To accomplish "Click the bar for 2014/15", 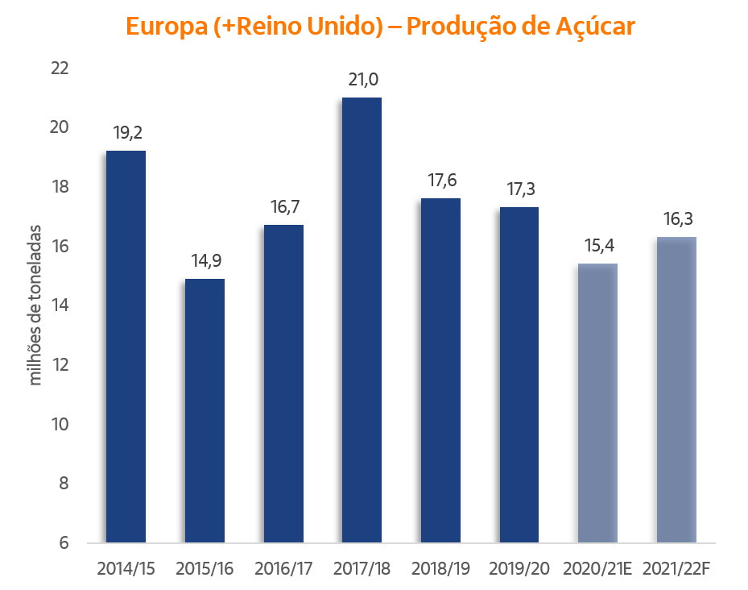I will tap(126, 347).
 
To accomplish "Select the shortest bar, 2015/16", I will tap(205, 410).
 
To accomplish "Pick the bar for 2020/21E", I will tap(598, 403).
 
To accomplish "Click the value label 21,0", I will tap(362, 80).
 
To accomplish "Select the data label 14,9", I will tap(205, 261).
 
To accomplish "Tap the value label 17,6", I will tap(441, 181).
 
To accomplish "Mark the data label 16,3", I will tap(676, 219).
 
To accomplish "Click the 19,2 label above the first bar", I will tap(127, 133).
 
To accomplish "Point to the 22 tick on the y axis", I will tap(60, 69).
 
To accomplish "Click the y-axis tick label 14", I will tap(60, 305).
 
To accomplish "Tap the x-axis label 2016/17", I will tap(283, 568).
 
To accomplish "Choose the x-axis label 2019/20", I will tap(519, 568).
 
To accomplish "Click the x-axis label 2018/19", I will tap(440, 568).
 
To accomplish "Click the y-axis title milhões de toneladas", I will tap(36, 305).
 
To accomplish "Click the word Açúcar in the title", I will tap(596, 27).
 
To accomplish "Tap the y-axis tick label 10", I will tap(60, 424).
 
